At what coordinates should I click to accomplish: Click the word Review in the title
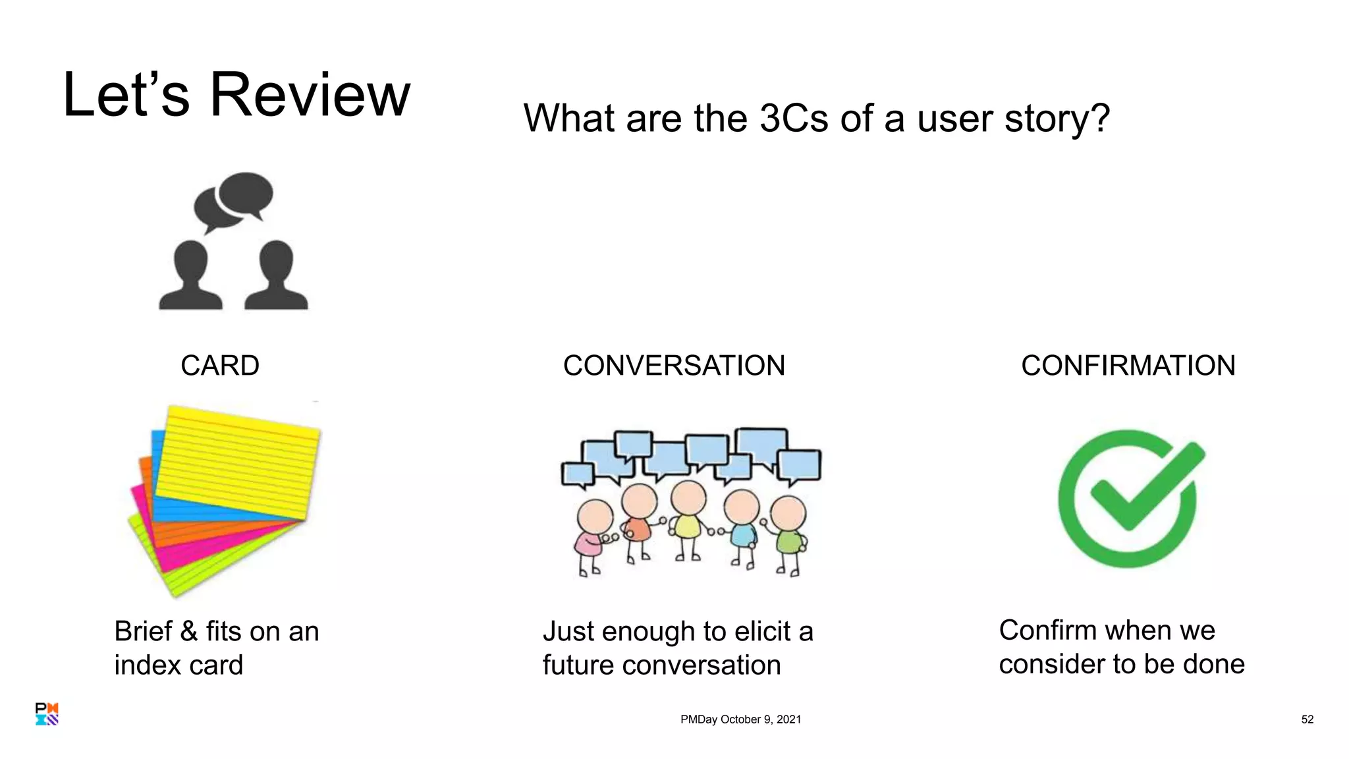310,96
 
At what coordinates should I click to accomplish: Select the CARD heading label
220,366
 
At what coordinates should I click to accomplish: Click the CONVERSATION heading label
674,366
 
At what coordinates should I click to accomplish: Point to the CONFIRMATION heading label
1128,366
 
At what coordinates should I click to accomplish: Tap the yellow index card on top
240,461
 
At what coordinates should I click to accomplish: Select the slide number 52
1307,719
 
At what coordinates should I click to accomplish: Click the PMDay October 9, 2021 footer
740,719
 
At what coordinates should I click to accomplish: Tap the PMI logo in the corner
47,714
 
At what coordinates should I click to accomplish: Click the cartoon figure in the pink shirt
592,534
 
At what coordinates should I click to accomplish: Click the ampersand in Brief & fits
189,631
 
